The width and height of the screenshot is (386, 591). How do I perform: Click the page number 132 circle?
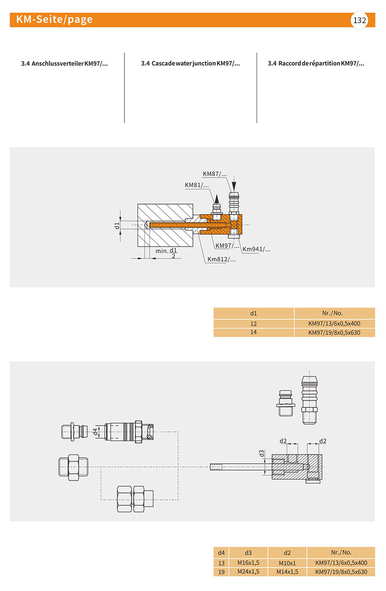(x=359, y=20)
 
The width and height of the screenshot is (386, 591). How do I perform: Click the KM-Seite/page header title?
(x=54, y=20)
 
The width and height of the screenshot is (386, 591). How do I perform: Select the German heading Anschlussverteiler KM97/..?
(x=64, y=63)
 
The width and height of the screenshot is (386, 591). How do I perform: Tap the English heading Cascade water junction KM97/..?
(x=190, y=63)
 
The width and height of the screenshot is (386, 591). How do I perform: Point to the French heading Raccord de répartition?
(x=316, y=63)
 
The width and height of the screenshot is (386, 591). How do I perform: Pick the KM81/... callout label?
(x=197, y=185)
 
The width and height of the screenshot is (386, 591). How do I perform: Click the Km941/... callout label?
(x=256, y=249)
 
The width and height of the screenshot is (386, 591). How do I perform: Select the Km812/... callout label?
(x=221, y=259)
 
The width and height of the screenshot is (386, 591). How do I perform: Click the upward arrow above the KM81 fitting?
(x=217, y=198)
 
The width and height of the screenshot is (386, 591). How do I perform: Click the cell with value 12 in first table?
(x=254, y=323)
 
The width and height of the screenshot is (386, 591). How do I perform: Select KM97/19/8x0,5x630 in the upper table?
(x=334, y=332)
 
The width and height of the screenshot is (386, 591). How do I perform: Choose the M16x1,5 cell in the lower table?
(x=248, y=563)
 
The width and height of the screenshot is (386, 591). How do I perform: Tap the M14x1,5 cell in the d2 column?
(x=288, y=572)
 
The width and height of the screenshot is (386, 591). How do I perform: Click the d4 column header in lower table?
(x=221, y=552)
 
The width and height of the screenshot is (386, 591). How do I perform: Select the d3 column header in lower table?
(x=248, y=552)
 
